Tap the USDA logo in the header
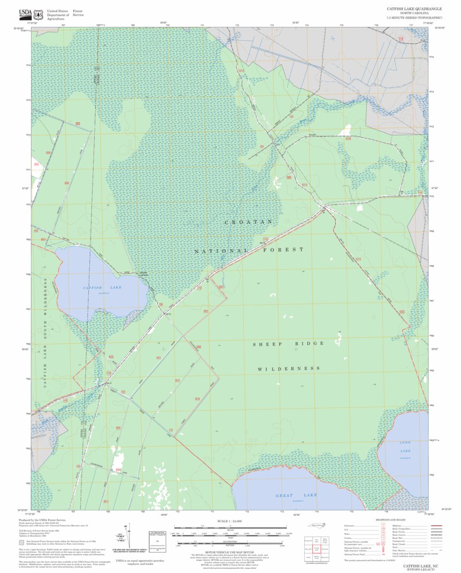tap(25, 13)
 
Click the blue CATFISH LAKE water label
tap(102, 288)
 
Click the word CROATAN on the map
tap(248, 222)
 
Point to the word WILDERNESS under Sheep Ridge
tap(289, 369)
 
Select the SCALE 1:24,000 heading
tap(230, 521)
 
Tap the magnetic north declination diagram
tap(127, 538)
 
